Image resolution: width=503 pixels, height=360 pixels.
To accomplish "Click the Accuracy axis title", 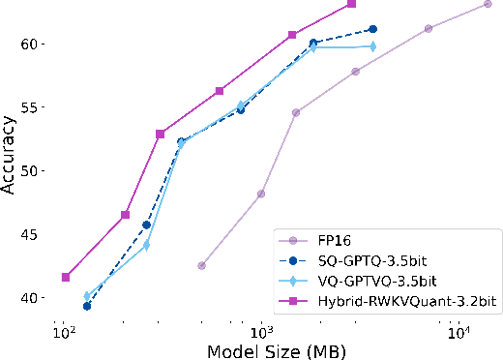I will pos(10,156).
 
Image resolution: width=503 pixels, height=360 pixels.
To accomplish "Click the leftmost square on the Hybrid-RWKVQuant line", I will pos(66,277).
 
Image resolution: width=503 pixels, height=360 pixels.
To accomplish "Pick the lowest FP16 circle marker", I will pos(201,265).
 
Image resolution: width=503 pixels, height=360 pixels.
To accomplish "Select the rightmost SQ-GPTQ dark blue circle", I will pos(372,29).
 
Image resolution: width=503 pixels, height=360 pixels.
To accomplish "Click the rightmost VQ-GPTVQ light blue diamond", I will pos(372,46).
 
